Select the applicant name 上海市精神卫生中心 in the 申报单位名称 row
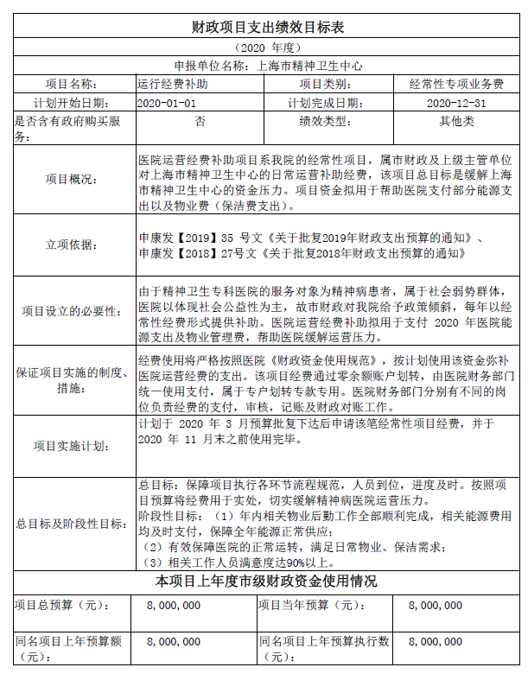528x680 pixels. click(309, 66)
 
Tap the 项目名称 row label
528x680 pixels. click(72, 85)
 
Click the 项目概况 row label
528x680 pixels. click(72, 179)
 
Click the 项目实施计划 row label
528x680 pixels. click(72, 446)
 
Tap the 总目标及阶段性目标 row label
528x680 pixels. click(72, 524)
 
